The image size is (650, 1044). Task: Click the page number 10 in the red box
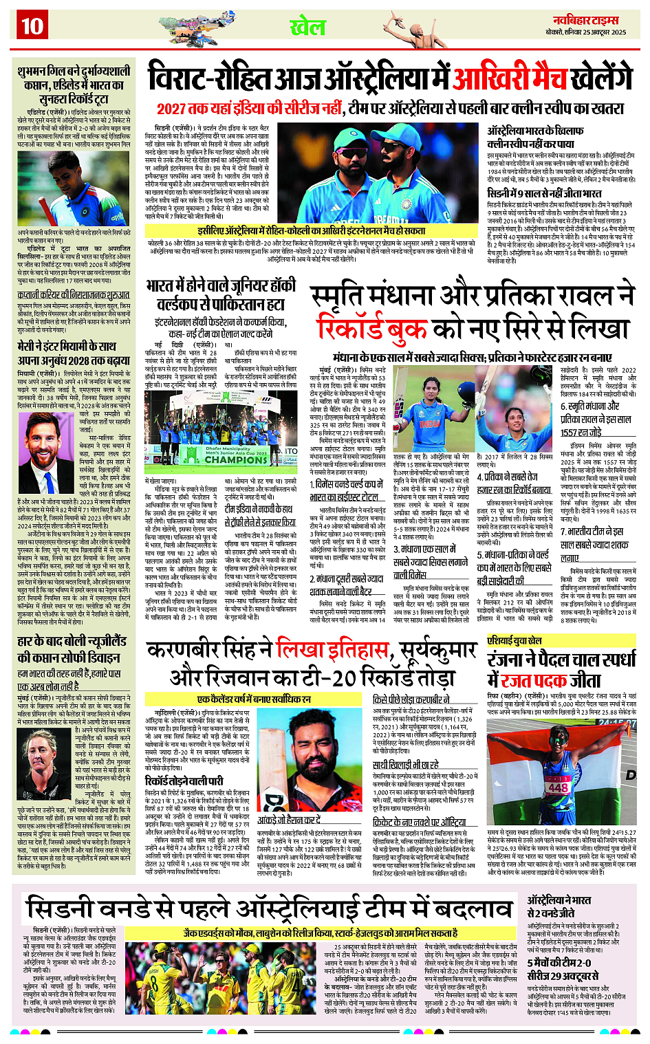pyautogui.click(x=32, y=25)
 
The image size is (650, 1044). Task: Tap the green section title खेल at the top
pyautogui.click(x=307, y=28)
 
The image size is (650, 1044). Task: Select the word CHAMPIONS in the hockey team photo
pyautogui.click(x=236, y=459)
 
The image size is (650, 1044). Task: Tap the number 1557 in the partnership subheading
pyautogui.click(x=572, y=432)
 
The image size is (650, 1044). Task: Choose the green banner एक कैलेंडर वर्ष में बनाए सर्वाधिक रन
pyautogui.click(x=254, y=699)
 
